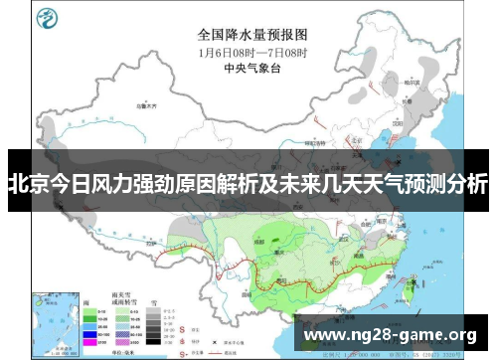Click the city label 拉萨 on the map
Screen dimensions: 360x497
[149, 242]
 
